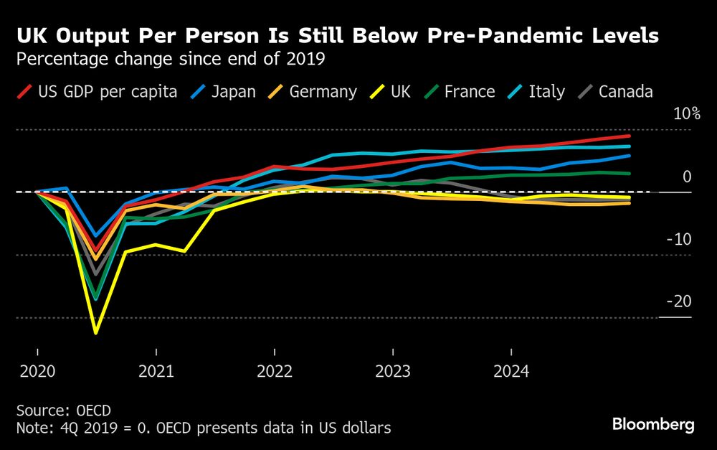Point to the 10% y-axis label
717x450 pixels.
pos(686,114)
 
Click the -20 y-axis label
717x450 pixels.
pos(679,301)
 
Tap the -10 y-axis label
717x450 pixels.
pos(679,239)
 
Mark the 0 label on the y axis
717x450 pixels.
pos(687,177)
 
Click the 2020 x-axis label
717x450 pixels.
pos(37,372)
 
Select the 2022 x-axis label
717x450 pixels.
pos(274,372)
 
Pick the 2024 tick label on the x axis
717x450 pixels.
pos(511,372)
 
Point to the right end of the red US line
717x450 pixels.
pos(629,136)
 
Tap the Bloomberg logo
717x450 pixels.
pos(653,425)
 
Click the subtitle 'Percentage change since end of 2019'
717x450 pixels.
pos(171,59)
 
